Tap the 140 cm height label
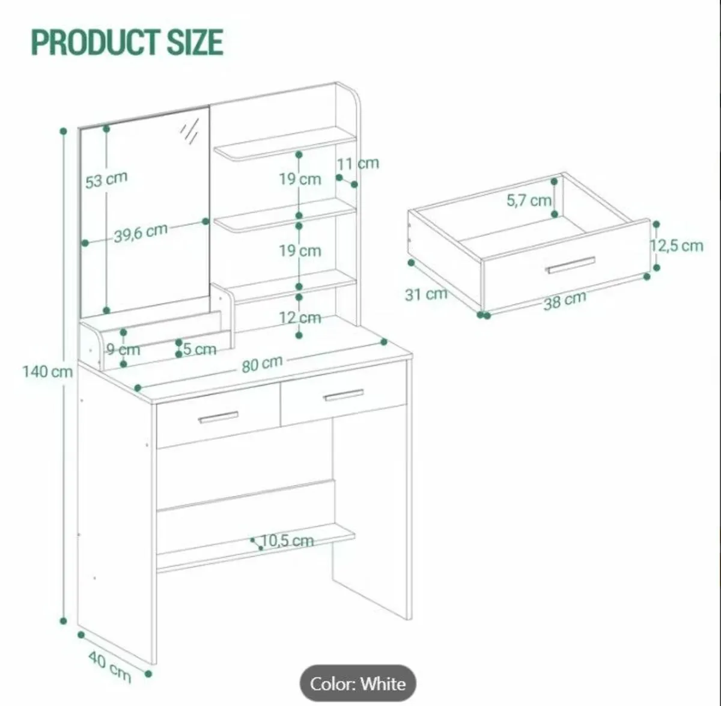pos(47,372)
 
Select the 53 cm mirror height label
pos(106,180)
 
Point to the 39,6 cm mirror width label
pos(141,233)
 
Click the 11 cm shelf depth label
pos(357,163)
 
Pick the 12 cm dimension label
pos(300,318)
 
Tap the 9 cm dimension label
pos(124,350)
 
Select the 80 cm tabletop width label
pos(262,364)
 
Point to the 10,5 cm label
pos(287,541)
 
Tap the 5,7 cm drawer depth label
pos(529,201)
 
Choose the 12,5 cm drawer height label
pos(676,246)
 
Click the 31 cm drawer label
pos(426,294)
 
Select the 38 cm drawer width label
pos(565,300)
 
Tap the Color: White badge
pos(357,684)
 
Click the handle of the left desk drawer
pos(218,418)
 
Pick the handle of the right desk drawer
pos(344,395)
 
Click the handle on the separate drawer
pos(571,265)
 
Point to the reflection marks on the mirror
pos(190,131)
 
